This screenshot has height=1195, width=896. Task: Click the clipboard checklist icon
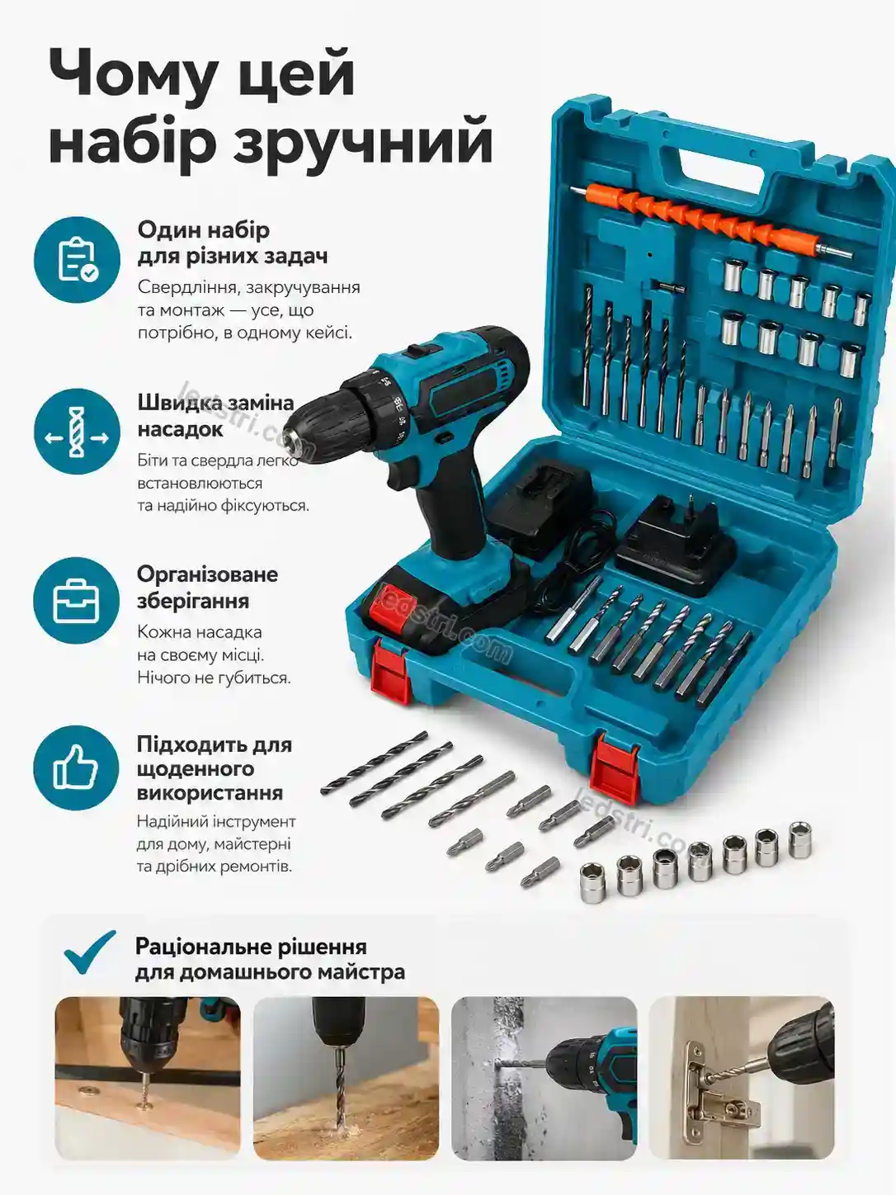(78, 259)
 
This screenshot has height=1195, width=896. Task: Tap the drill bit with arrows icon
(77, 432)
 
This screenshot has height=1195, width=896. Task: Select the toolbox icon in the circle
(76, 601)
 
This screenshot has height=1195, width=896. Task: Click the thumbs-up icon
(76, 768)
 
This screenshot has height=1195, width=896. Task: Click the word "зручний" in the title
(363, 142)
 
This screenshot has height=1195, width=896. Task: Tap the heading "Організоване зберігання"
(207, 588)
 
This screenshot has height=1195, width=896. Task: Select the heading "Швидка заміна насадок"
(215, 416)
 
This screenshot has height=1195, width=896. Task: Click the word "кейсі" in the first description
(328, 333)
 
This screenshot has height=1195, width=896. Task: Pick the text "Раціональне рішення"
(251, 947)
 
